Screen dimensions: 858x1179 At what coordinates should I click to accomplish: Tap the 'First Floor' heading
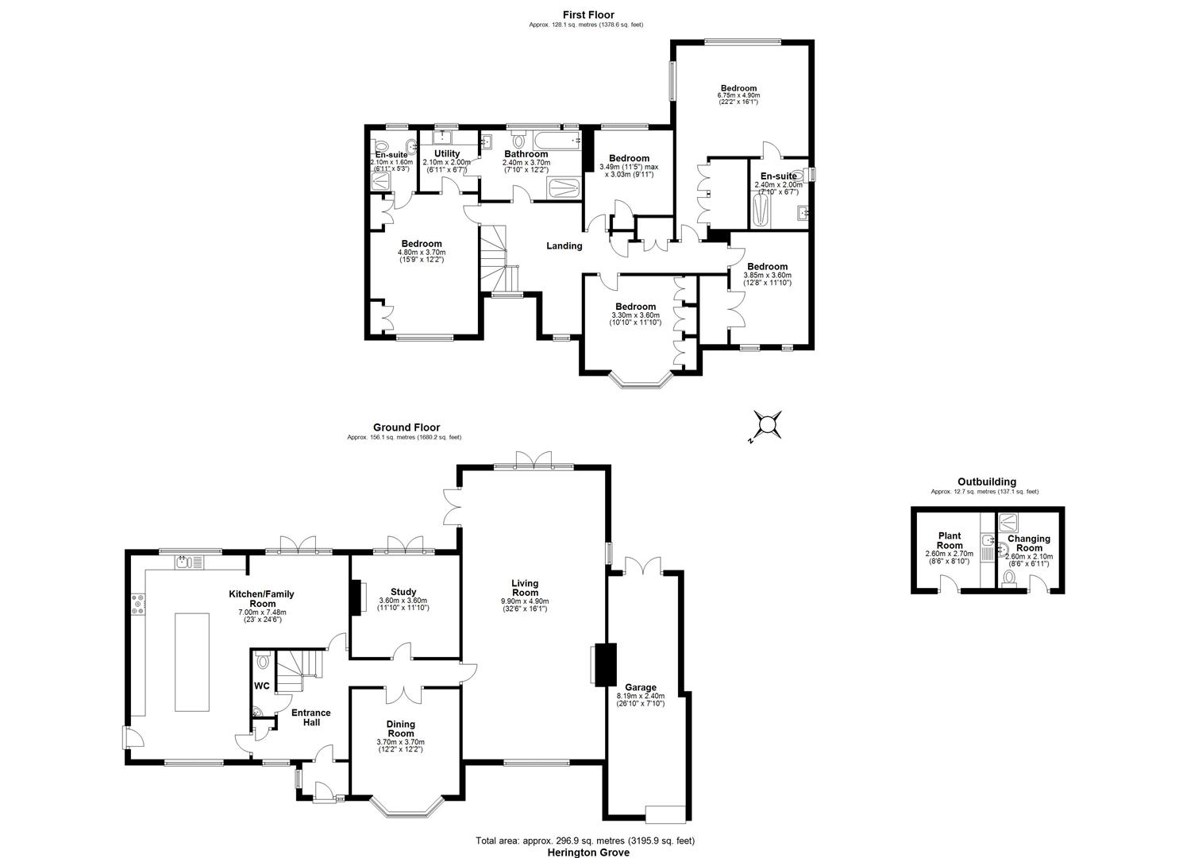588,14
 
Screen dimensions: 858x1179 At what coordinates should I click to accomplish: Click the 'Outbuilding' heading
985,481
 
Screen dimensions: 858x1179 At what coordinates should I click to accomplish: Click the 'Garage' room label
640,687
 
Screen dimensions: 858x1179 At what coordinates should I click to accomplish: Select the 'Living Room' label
525,588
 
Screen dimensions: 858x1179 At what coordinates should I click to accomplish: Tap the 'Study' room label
403,591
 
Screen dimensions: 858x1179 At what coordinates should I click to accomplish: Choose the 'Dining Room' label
401,729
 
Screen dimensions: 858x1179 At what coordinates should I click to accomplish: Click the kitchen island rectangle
191,663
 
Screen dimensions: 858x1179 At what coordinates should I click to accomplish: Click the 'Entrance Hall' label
310,717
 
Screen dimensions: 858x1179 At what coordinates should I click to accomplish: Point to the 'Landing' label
564,245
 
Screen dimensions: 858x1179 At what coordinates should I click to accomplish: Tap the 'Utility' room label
447,153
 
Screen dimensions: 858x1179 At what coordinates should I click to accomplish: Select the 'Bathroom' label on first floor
526,154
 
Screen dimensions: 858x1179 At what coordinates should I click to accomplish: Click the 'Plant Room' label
950,540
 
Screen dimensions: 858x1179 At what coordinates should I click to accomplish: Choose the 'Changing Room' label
1029,543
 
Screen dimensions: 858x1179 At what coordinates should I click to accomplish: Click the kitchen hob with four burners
138,605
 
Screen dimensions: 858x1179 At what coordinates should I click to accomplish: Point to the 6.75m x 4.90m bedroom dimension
738,96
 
